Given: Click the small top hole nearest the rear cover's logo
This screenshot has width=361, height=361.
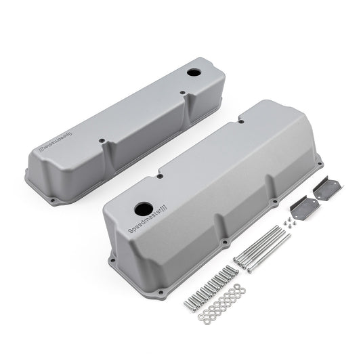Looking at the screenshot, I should [x=102, y=142].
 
